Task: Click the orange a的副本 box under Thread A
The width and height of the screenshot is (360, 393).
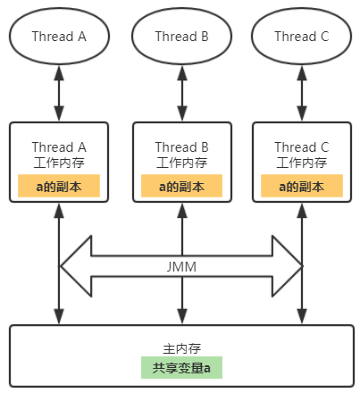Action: (x=59, y=186)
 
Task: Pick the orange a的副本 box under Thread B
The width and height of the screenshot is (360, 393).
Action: (x=181, y=186)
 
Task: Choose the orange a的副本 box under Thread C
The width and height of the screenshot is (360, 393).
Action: (x=302, y=186)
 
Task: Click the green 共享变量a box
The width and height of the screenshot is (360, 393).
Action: (x=181, y=367)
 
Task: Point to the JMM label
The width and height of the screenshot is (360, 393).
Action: (x=181, y=266)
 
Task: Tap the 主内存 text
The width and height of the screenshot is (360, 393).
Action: (x=181, y=348)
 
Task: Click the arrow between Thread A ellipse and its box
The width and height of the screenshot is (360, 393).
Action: (x=59, y=93)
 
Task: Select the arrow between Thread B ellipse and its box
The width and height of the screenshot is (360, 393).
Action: (x=182, y=93)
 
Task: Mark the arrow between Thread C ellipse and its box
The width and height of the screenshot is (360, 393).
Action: (x=302, y=93)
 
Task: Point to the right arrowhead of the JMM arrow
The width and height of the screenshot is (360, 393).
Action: (x=287, y=266)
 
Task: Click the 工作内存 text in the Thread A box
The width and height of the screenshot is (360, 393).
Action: (x=59, y=163)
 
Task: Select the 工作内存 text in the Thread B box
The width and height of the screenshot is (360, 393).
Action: (x=182, y=163)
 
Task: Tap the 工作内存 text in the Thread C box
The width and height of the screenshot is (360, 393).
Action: (x=302, y=163)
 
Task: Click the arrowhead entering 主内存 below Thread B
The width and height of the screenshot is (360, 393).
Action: (x=182, y=316)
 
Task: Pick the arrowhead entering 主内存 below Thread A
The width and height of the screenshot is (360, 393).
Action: (x=59, y=316)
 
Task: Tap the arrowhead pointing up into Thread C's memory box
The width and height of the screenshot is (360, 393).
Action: (x=302, y=211)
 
